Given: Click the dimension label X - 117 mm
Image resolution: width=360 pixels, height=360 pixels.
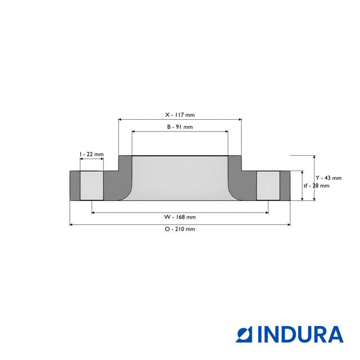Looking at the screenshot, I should [180, 114].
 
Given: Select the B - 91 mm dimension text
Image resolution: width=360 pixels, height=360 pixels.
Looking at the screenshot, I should [180, 127].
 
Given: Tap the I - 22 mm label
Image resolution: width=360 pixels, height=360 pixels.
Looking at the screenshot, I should [92, 154].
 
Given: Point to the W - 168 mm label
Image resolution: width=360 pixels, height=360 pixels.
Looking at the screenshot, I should [180, 217].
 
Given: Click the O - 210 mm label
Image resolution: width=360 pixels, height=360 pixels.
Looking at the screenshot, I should [180, 229].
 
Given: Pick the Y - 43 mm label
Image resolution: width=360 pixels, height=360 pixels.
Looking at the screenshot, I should [328, 178].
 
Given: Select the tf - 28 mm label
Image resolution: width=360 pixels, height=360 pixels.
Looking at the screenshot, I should [316, 185].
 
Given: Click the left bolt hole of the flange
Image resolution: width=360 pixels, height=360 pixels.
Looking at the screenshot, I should [92, 186].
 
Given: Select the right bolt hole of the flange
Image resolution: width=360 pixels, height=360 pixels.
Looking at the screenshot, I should [268, 186].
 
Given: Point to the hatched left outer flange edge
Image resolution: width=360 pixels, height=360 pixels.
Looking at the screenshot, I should [75, 186].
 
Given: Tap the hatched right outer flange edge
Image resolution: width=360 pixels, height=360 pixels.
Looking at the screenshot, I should [285, 186].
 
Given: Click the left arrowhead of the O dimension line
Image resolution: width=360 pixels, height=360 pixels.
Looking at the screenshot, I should [71, 224].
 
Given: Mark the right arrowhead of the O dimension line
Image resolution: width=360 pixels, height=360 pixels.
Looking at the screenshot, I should [289, 224].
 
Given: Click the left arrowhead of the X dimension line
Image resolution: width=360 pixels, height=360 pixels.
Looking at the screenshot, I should [120, 119].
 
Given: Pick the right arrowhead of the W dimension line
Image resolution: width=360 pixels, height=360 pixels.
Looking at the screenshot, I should [266, 213].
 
